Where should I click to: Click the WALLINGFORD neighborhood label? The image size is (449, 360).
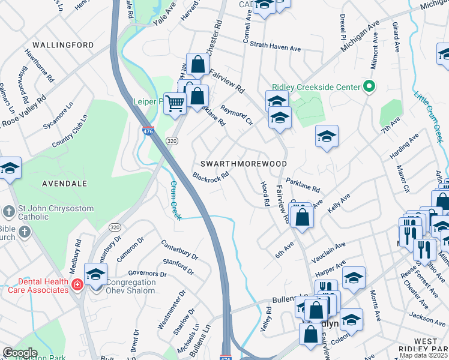[x=63, y=45]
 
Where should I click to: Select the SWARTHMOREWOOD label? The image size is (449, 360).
[x=243, y=163]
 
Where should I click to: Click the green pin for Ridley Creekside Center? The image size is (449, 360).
[x=370, y=88]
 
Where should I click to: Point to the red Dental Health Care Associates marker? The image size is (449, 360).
[x=77, y=284]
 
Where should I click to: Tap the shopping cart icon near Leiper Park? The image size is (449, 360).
[x=175, y=103]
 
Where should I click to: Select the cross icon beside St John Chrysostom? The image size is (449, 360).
[x=8, y=211]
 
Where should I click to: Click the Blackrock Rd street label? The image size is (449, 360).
[x=211, y=177]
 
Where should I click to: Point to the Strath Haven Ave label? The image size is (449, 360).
[x=275, y=47]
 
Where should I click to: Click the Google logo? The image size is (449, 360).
[x=20, y=353]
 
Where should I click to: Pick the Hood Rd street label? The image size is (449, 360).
[x=263, y=194]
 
